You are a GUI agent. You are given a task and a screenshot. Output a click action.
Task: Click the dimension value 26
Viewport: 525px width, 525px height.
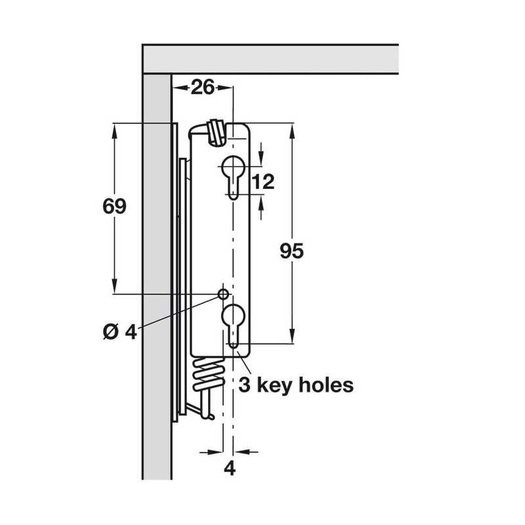click(x=203, y=87)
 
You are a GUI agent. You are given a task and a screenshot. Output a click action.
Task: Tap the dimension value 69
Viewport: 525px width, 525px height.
click(x=114, y=206)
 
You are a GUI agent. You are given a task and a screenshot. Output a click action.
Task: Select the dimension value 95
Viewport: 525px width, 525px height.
click(x=291, y=251)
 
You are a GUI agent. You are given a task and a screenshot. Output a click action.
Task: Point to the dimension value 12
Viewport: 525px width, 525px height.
click(x=262, y=182)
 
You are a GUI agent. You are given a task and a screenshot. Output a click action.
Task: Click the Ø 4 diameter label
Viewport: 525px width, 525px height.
click(x=119, y=331)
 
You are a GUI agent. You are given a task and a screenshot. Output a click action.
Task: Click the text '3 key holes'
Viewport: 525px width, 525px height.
click(x=296, y=385)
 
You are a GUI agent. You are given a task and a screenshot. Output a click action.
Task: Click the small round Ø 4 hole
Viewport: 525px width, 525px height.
click(x=223, y=292)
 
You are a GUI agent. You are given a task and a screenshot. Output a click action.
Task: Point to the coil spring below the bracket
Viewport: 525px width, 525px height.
click(x=207, y=377)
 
